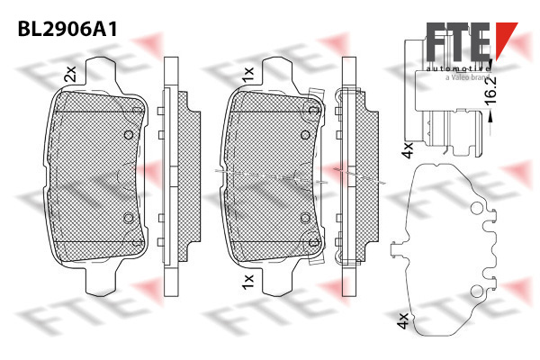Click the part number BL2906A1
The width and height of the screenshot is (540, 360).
pyautogui.click(x=67, y=29)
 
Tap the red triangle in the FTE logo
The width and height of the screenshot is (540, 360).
pyautogui.click(x=505, y=38)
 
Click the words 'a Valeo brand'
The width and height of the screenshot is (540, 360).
pyautogui.click(x=467, y=77)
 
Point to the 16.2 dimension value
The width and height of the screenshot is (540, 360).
pyautogui.click(x=490, y=90)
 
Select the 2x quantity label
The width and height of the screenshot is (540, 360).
pyautogui.click(x=70, y=74)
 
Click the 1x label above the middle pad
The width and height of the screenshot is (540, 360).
pyautogui.click(x=248, y=75)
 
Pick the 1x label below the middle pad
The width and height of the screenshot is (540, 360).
pyautogui.click(x=248, y=282)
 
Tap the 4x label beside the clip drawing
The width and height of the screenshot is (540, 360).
pyautogui.click(x=408, y=150)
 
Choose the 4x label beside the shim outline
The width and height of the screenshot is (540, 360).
pyautogui.click(x=403, y=321)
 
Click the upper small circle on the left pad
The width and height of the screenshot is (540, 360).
pyautogui.click(x=129, y=135)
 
